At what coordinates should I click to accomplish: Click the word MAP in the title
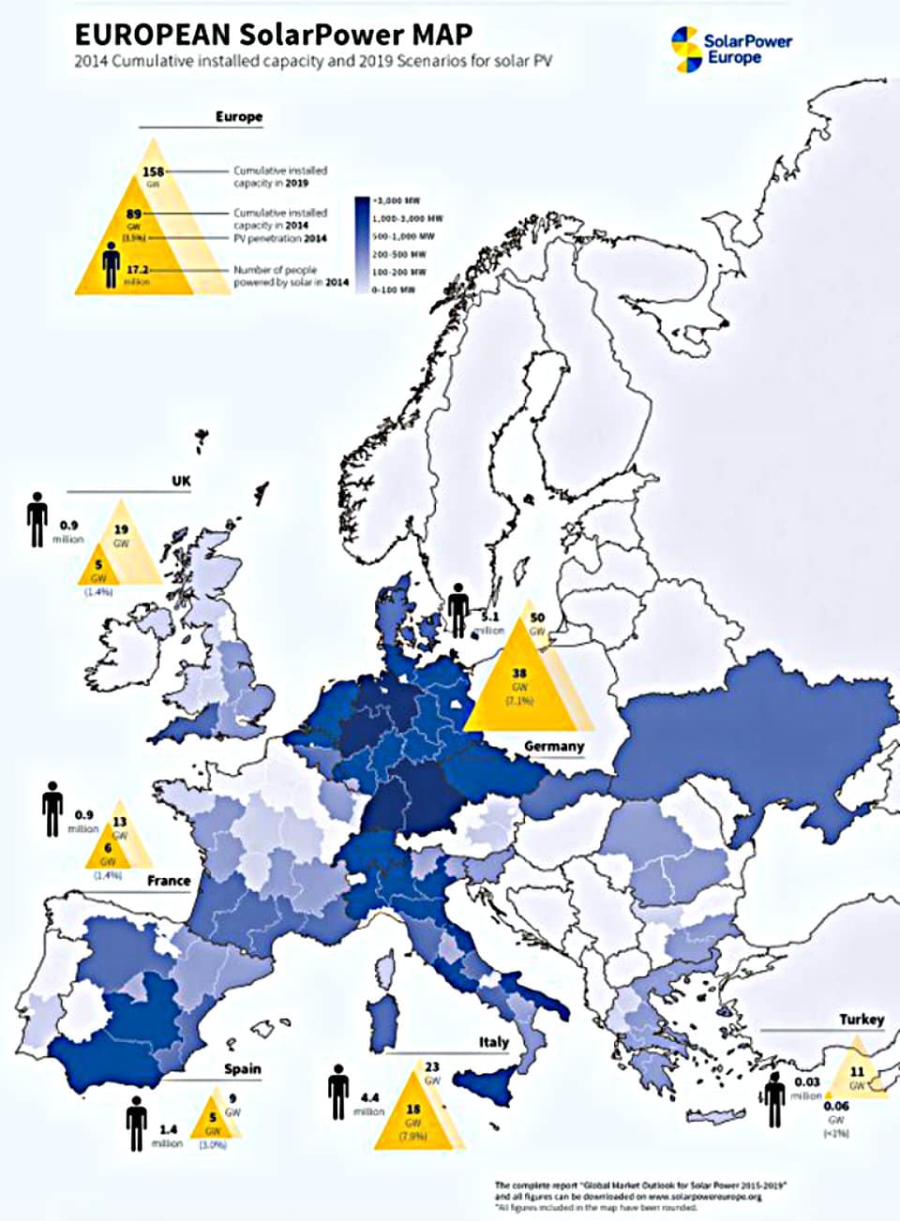point(439,35)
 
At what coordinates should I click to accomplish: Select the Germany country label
point(553,746)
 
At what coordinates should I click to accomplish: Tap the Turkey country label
point(861,1019)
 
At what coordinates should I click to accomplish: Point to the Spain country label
point(242,1068)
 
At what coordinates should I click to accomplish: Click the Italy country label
point(493,1042)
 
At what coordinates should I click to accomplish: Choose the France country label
point(169,881)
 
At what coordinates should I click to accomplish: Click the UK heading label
point(181,481)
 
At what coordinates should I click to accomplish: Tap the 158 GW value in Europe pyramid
point(153,171)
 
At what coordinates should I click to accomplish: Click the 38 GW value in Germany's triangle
point(519,675)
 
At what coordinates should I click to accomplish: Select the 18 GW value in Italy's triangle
point(412,1109)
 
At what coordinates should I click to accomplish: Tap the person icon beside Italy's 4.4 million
point(338,1092)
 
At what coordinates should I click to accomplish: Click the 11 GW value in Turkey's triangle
point(857,1072)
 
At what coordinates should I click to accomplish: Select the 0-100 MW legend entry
point(393,290)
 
